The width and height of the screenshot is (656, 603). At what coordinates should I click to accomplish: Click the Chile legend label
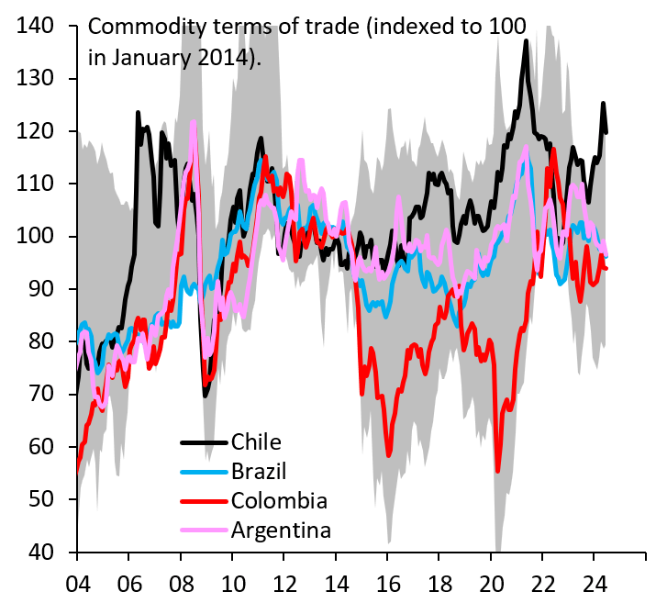(x=256, y=443)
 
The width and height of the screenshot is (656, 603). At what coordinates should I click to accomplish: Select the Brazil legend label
(x=259, y=472)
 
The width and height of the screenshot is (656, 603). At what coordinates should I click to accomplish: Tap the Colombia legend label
(x=279, y=501)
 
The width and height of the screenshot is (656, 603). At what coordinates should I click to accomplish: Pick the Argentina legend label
(x=281, y=530)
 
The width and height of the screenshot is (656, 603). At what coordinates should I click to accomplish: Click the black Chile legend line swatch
(x=203, y=443)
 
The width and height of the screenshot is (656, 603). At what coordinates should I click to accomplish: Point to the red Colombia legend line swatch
(x=203, y=501)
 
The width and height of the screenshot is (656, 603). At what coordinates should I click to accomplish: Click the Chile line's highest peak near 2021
(x=526, y=41)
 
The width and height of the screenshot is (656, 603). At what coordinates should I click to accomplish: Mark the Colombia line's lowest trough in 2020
(x=498, y=470)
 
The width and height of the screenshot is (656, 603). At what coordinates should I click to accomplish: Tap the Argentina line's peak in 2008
(x=194, y=123)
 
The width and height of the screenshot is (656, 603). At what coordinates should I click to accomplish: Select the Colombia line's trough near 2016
(x=389, y=454)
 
